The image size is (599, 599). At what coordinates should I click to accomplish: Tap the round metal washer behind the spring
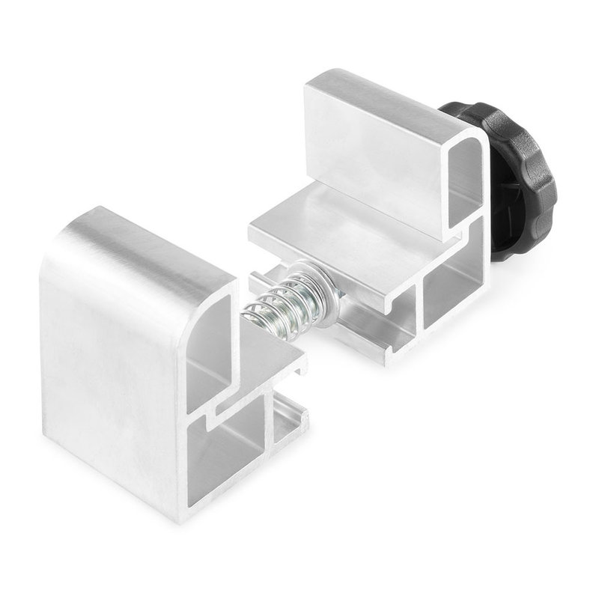coord(318,281)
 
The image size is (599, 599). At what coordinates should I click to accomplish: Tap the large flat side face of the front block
coord(112,359)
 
